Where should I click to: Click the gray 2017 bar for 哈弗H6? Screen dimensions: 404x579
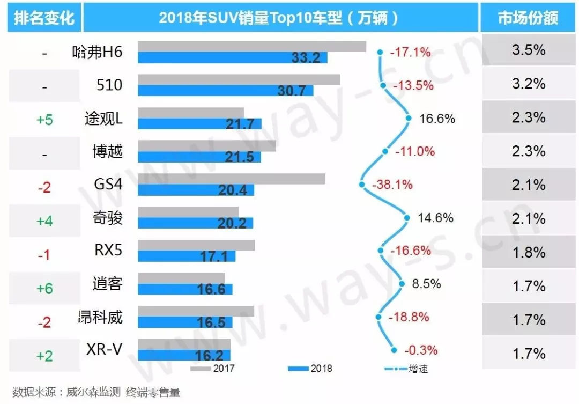coord(252,47)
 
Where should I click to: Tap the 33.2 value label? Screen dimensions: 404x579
coord(306,57)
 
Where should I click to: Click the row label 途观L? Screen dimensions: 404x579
coord(103,118)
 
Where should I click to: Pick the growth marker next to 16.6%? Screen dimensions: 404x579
coord(408,118)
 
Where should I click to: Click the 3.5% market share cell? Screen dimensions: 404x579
coord(529,51)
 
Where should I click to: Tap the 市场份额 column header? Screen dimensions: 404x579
coord(528,18)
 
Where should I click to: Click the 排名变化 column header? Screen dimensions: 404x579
coord(44,18)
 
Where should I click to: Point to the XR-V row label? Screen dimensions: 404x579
coord(104,350)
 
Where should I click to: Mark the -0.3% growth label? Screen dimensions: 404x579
coord(421,350)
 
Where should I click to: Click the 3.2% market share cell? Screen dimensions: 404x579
coord(529,84)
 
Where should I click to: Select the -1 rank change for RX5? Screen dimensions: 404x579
coord(44,255)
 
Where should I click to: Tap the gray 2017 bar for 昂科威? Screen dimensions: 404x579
coord(196,311)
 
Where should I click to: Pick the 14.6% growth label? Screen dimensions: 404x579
coord(435,218)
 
